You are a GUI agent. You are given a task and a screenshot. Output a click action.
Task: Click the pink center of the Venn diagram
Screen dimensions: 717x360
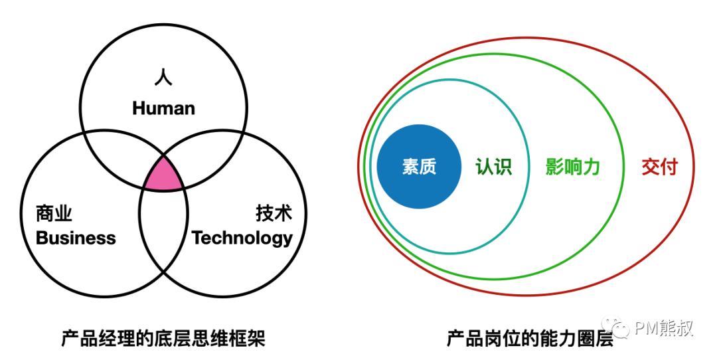click(164, 176)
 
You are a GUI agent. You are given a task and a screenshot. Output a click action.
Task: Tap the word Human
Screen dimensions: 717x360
click(164, 108)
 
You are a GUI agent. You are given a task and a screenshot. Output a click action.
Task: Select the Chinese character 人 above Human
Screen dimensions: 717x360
click(163, 77)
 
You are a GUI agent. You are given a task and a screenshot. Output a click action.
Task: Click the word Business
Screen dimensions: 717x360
click(76, 238)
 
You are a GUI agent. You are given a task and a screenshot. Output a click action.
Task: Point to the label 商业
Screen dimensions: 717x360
click(54, 214)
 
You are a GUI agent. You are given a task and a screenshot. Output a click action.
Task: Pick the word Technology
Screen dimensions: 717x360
click(242, 238)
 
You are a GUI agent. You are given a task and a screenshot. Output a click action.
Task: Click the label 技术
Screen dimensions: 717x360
click(274, 214)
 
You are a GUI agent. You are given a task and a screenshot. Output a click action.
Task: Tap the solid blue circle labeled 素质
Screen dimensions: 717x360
click(419, 167)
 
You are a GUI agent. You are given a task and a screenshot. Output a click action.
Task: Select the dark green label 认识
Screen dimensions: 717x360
click(493, 167)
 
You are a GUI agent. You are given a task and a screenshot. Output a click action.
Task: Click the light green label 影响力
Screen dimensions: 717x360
click(572, 167)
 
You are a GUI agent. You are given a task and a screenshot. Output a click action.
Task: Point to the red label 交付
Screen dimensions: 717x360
click(659, 167)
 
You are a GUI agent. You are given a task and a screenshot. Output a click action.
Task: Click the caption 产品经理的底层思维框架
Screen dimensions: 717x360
click(163, 339)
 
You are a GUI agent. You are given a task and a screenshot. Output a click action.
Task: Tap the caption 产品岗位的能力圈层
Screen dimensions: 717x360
click(530, 339)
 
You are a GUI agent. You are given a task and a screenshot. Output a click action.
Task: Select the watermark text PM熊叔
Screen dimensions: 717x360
click(664, 327)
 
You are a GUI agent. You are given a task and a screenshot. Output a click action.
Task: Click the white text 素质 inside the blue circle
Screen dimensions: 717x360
click(420, 167)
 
